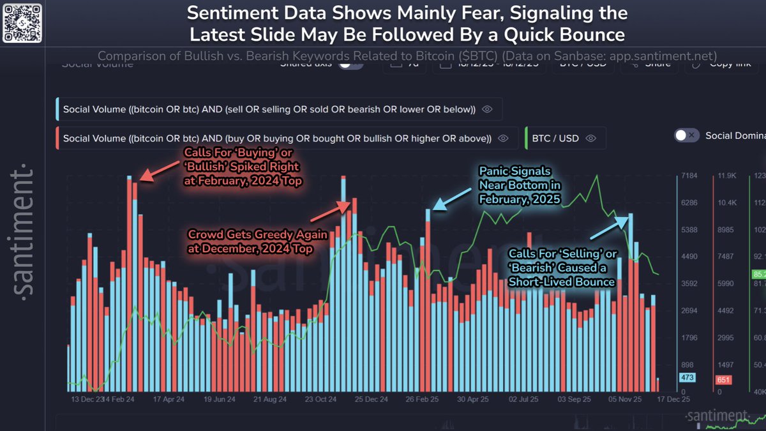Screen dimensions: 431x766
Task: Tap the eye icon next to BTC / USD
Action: point(590,138)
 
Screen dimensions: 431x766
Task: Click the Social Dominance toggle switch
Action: point(687,135)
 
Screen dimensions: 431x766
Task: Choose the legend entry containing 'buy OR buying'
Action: point(277,138)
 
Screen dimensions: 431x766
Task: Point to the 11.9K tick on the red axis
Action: point(727,175)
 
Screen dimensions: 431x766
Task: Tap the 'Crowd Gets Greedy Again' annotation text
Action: point(257,241)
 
